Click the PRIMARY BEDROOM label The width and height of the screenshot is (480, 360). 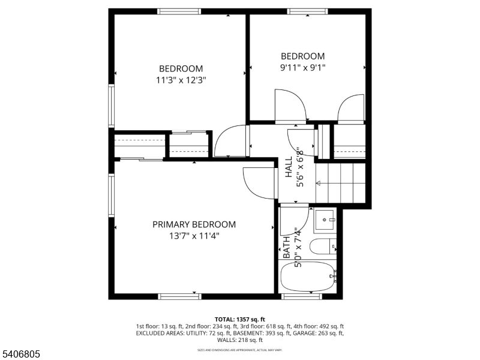(x=194, y=224)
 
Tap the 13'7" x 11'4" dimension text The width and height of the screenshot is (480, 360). (x=194, y=236)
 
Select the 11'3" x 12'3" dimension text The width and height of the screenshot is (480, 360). (x=181, y=79)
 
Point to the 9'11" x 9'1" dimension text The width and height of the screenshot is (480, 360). (x=303, y=67)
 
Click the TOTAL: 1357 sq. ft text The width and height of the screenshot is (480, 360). (x=240, y=319)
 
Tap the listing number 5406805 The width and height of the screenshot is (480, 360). (x=21, y=355)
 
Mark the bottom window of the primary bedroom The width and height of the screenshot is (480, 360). (x=179, y=296)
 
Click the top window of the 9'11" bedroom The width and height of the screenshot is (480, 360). (x=307, y=11)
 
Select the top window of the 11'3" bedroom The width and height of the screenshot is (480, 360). (x=179, y=11)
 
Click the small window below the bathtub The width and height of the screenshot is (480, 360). (x=302, y=296)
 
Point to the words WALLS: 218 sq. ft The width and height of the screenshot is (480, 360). (x=240, y=340)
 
